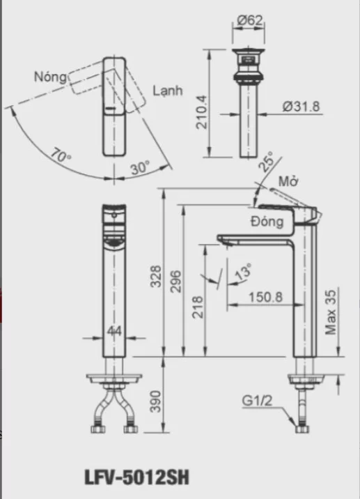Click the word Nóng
point(49,77)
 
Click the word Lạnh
point(167,91)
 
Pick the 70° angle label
point(61,155)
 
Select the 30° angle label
point(139,169)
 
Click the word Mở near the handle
point(288,183)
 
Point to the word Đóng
point(267,222)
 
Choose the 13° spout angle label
point(243,272)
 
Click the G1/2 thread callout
point(257,401)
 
